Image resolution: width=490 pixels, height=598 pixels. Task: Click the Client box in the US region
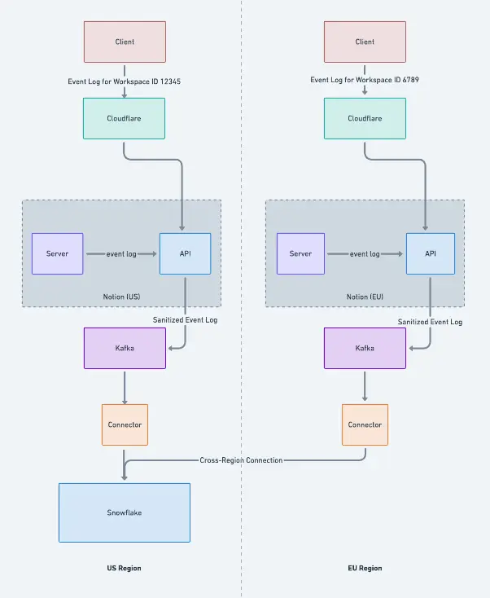coord(125,42)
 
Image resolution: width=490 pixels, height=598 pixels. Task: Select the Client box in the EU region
coord(365,42)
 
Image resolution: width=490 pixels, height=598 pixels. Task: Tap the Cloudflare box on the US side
coord(124,119)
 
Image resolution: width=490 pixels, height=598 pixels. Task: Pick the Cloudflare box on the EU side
coord(365,119)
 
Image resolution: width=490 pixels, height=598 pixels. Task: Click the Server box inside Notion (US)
coord(57,253)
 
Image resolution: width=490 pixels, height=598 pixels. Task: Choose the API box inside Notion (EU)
coord(431,253)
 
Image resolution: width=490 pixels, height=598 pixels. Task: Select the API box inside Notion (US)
coord(186,253)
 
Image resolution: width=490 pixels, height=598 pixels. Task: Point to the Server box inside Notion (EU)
coord(300,253)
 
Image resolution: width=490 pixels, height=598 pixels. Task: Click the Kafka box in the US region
coord(125,348)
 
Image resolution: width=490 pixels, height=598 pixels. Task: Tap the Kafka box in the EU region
coord(365,348)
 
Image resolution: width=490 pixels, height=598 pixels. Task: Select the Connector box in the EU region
coord(365,424)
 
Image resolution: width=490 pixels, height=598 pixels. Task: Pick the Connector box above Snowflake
coord(125,424)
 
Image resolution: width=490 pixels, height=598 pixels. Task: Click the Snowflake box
coord(125,512)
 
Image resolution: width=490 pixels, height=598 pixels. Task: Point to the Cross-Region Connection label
coord(241,460)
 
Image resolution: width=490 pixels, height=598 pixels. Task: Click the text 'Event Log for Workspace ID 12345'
coord(125,81)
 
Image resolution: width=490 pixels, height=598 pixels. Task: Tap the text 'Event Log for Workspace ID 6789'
coord(365,80)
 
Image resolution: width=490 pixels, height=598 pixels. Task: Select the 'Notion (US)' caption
coord(121,297)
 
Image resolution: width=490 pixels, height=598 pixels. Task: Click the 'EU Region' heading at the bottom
coord(365,568)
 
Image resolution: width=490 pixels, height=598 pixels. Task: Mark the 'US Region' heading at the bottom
coord(124,568)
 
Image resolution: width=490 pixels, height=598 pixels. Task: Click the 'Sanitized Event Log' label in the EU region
coord(431,322)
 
